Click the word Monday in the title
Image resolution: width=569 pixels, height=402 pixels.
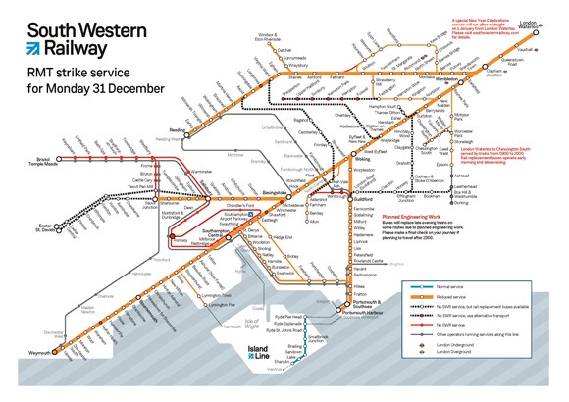click(63, 95)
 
